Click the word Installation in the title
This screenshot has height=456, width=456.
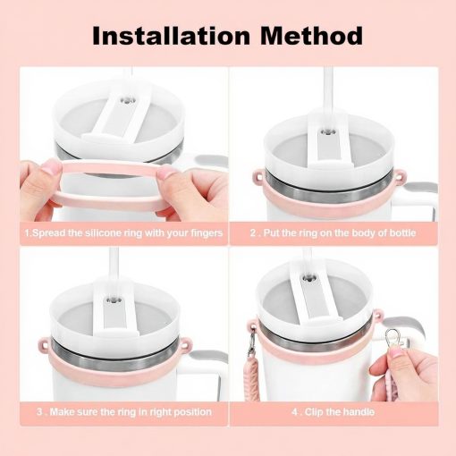click(171, 36)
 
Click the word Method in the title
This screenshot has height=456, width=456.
click(311, 36)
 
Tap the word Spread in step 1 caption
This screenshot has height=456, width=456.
click(49, 233)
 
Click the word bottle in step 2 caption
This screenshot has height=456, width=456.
click(401, 232)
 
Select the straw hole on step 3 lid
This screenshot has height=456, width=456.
click(114, 299)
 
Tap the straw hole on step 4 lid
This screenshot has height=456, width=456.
click(309, 279)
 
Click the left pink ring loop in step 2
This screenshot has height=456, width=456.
click(258, 176)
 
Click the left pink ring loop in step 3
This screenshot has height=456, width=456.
click(44, 345)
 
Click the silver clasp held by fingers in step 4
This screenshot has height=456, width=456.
click(394, 338)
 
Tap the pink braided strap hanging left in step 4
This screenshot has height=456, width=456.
click(254, 378)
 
